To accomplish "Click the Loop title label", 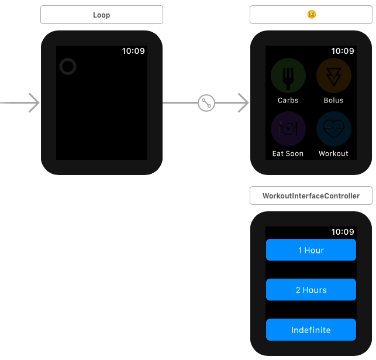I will pos(101,15).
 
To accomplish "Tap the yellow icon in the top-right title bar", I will pos(311,15).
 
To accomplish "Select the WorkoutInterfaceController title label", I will pos(311,196).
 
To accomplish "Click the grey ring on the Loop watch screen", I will pos(68,67).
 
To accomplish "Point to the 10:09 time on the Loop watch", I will pos(133,51).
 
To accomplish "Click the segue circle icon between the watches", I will pos(206,103).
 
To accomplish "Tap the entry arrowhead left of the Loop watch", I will pos(33,103).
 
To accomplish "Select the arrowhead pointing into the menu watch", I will pos(242,103).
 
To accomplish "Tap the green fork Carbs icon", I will pos(288,76).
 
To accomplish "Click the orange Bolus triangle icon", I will pos(333,76).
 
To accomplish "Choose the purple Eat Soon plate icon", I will pos(288,128).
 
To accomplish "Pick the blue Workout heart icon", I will pos(333,128).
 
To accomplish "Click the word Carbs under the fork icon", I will pos(288,100).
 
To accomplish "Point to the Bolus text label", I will pos(333,100).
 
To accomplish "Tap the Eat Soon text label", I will pos(288,153).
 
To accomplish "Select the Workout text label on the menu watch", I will pos(333,153).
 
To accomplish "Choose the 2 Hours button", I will pos(311,290).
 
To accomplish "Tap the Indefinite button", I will pos(311,330).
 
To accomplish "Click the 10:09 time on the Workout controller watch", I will pos(343,232).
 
